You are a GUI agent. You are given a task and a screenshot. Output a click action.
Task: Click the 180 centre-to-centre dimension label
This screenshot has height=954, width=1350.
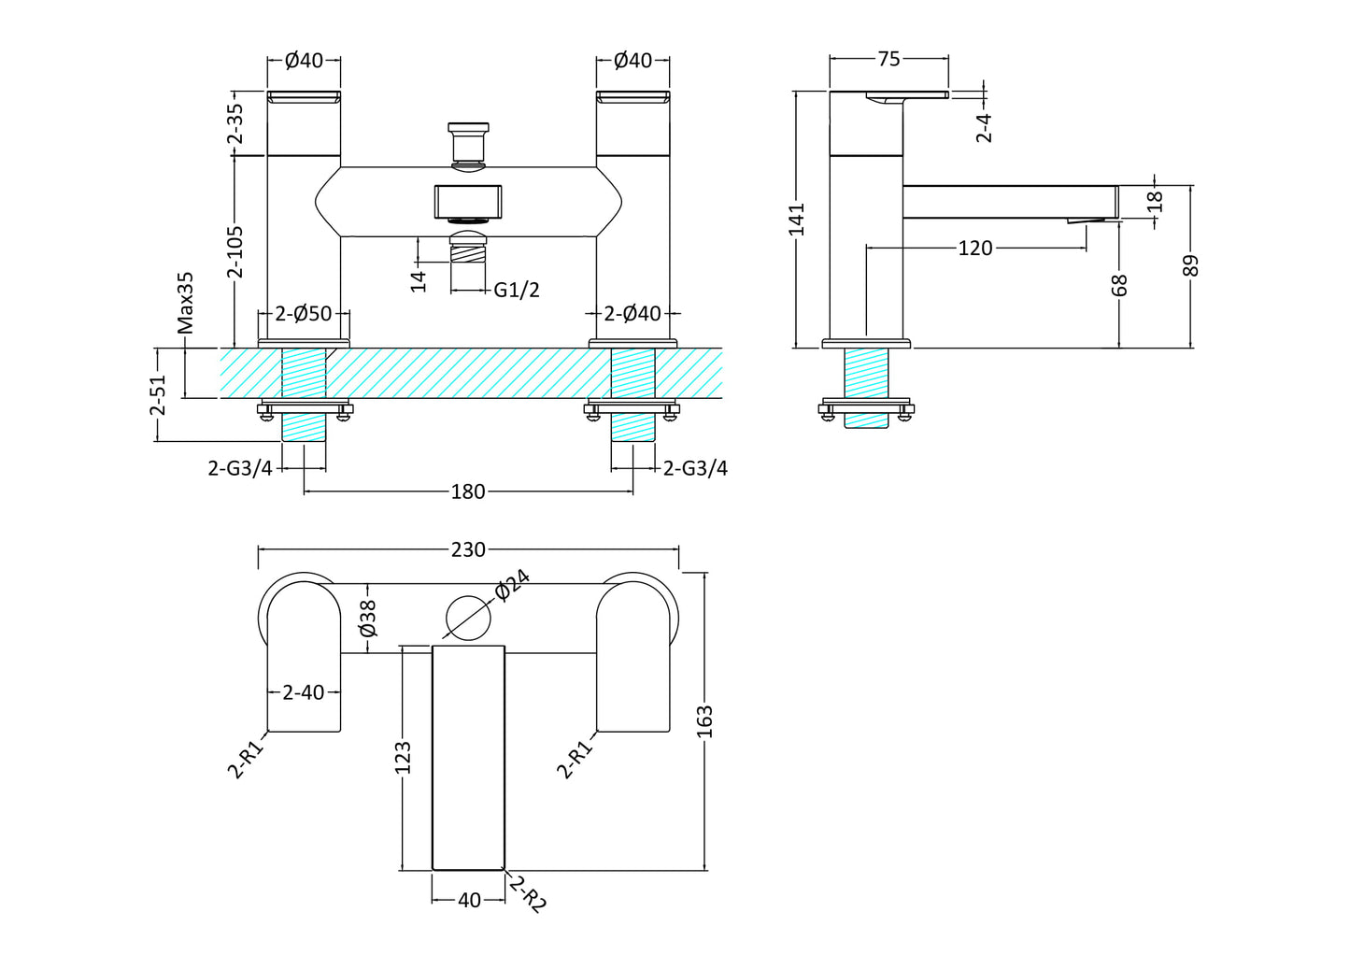pyautogui.click(x=468, y=491)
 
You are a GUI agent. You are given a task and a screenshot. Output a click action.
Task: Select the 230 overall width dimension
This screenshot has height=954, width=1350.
pyautogui.click(x=468, y=549)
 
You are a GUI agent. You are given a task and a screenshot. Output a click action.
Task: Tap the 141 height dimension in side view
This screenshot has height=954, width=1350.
pyautogui.click(x=796, y=220)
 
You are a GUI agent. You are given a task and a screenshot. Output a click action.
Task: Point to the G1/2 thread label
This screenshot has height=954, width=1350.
pyautogui.click(x=517, y=290)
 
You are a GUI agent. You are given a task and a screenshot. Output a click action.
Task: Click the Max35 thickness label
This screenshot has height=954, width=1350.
pyautogui.click(x=186, y=303)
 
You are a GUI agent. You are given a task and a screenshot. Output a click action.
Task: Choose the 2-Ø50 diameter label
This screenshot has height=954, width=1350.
pyautogui.click(x=304, y=314)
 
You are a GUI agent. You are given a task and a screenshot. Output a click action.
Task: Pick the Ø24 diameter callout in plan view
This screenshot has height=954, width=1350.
pyautogui.click(x=512, y=585)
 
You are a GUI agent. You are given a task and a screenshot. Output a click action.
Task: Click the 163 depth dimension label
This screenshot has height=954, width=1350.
pyautogui.click(x=704, y=721)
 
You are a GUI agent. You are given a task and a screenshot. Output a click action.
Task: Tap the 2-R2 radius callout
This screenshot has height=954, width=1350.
pyautogui.click(x=528, y=894)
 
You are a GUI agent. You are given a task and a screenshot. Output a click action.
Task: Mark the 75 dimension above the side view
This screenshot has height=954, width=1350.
pyautogui.click(x=888, y=59)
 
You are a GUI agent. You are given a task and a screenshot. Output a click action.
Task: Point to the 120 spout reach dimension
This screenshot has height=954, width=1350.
pyautogui.click(x=975, y=248)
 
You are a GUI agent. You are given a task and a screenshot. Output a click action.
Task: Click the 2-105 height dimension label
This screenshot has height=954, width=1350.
pyautogui.click(x=235, y=251)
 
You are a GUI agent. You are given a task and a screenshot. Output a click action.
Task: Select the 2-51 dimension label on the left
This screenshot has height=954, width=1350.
pyautogui.click(x=158, y=395)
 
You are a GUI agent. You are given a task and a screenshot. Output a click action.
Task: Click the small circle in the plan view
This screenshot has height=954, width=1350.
pyautogui.click(x=468, y=618)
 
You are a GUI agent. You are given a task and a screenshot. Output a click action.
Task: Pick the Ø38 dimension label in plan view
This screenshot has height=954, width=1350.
pyautogui.click(x=368, y=618)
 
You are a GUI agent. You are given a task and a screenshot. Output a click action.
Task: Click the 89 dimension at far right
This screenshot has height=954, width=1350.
pyautogui.click(x=1189, y=265)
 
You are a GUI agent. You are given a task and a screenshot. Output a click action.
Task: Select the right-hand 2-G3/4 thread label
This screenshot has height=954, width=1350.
pyautogui.click(x=695, y=468)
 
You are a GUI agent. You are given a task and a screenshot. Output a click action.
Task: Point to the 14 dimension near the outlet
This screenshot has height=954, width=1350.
pyautogui.click(x=419, y=279)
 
